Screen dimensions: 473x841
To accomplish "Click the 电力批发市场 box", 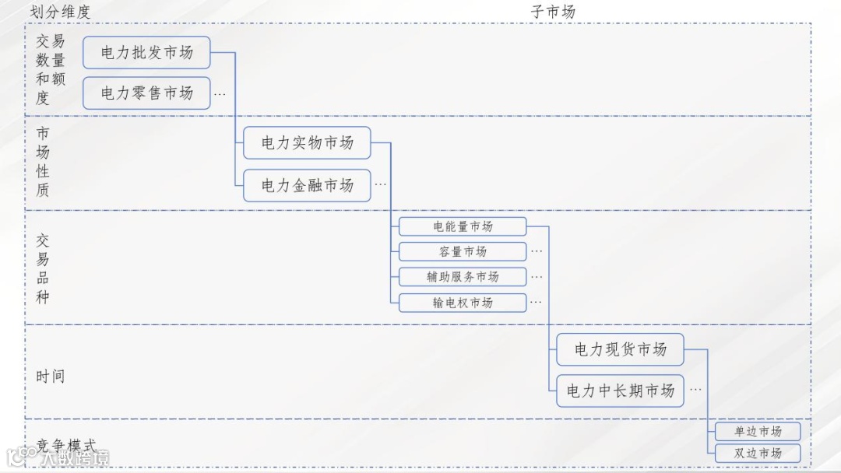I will click(146, 53).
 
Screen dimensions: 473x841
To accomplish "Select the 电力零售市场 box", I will click(146, 93).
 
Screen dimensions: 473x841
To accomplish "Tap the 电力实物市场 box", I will click(307, 143).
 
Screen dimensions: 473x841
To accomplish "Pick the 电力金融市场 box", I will click(307, 185).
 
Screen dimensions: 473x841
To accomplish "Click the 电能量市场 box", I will click(463, 226).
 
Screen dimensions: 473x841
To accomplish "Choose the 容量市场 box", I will click(463, 251).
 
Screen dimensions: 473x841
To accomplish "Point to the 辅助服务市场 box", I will click(463, 277).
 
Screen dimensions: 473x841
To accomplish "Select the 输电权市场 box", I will click(463, 303).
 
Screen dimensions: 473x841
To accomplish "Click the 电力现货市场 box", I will click(620, 350).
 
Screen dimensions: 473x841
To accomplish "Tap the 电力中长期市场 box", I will click(620, 391).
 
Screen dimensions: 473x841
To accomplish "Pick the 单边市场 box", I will click(758, 432).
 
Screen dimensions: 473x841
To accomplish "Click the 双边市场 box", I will click(758, 453).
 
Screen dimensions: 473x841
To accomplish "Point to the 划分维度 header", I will click(60, 11).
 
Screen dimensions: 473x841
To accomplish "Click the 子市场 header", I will click(553, 11).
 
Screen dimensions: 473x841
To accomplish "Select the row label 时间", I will click(50, 377).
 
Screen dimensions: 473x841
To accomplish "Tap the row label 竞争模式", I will click(66, 447).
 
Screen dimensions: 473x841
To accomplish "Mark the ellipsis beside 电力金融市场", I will click(380, 185).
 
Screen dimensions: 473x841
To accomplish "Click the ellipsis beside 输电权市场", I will click(537, 303).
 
